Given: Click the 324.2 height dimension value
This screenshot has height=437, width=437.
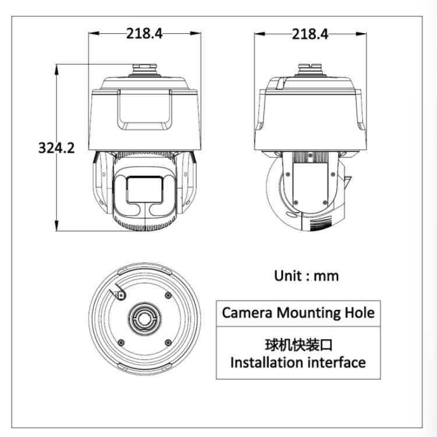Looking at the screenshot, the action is click(x=57, y=148).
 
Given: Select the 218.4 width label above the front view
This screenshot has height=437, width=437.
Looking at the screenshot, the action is click(x=145, y=33).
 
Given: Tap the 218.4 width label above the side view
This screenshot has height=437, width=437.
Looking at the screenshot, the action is click(x=310, y=34).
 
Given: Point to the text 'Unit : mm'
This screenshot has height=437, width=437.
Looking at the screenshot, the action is click(x=306, y=276).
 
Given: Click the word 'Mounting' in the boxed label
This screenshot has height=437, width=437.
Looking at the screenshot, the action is click(x=308, y=313).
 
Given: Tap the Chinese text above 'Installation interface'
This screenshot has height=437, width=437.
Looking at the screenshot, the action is click(x=298, y=345).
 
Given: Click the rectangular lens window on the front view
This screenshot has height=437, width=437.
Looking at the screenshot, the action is click(x=145, y=190).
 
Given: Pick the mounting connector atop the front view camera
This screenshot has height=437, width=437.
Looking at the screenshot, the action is click(x=145, y=69).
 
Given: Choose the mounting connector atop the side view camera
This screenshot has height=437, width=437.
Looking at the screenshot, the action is click(x=310, y=69).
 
